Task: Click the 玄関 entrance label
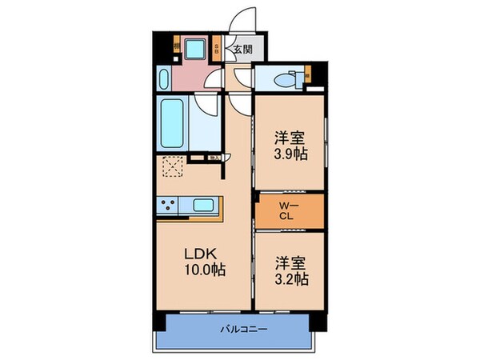242,50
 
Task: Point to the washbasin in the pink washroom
164,80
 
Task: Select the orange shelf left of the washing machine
175,46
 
